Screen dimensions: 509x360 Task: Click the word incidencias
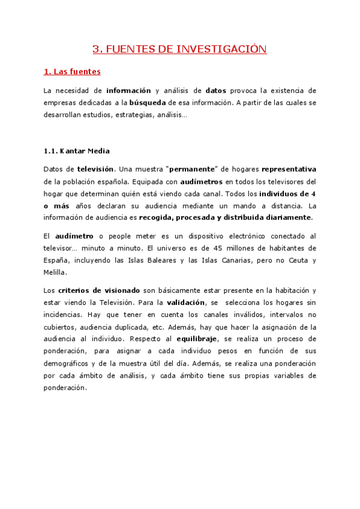pos(65,315)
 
